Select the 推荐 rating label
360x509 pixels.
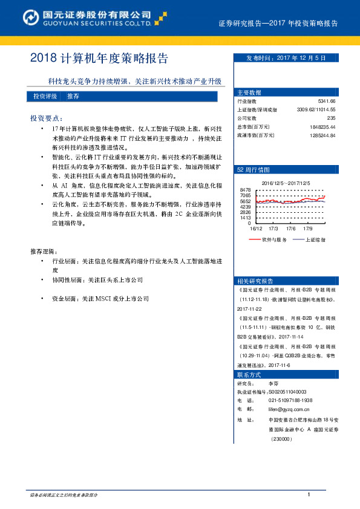(73, 97)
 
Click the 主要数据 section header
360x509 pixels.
(249, 92)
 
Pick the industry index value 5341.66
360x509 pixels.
(326, 102)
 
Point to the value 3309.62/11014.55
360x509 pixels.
(316, 110)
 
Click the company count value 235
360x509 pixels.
(331, 118)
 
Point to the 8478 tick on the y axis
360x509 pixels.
(245, 190)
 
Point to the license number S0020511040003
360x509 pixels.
(287, 392)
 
